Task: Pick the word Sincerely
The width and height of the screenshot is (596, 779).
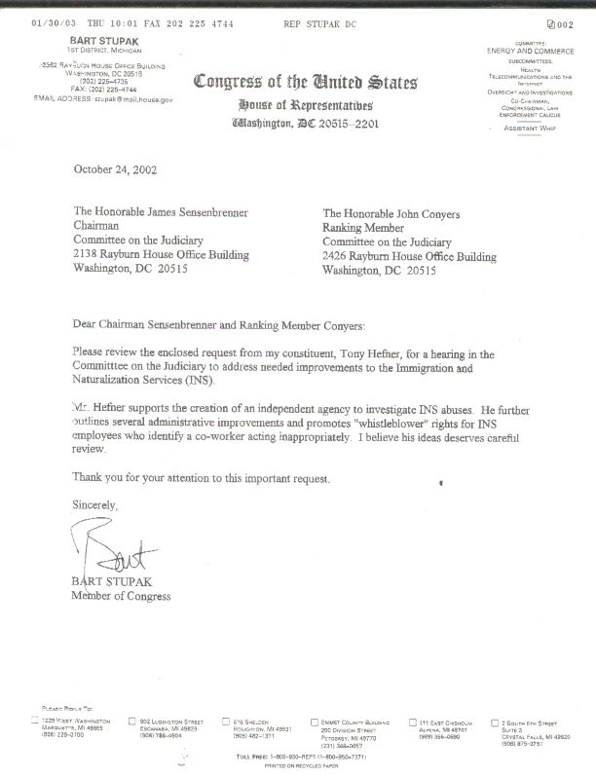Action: tap(95, 505)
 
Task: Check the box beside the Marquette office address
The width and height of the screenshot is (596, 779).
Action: tap(36, 721)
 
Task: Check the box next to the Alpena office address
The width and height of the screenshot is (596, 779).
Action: tap(413, 722)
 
